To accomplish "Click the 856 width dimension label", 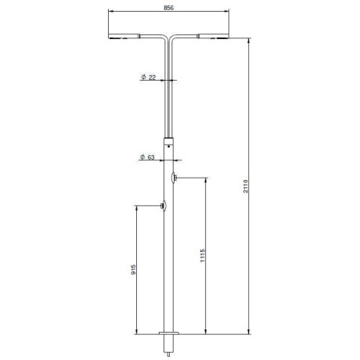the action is coord(168,8).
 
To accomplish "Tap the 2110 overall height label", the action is coord(246,186).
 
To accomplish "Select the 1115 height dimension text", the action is coord(203,255).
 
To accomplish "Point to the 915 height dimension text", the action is coord(133,269).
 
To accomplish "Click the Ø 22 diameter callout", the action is coord(149,77).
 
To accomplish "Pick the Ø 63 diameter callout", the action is coord(147,157).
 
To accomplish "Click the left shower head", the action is coord(124,36).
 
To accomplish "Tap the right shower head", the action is coord(214,36).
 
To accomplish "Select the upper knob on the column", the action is coord(174,178).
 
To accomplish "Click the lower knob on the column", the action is coord(164,206).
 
